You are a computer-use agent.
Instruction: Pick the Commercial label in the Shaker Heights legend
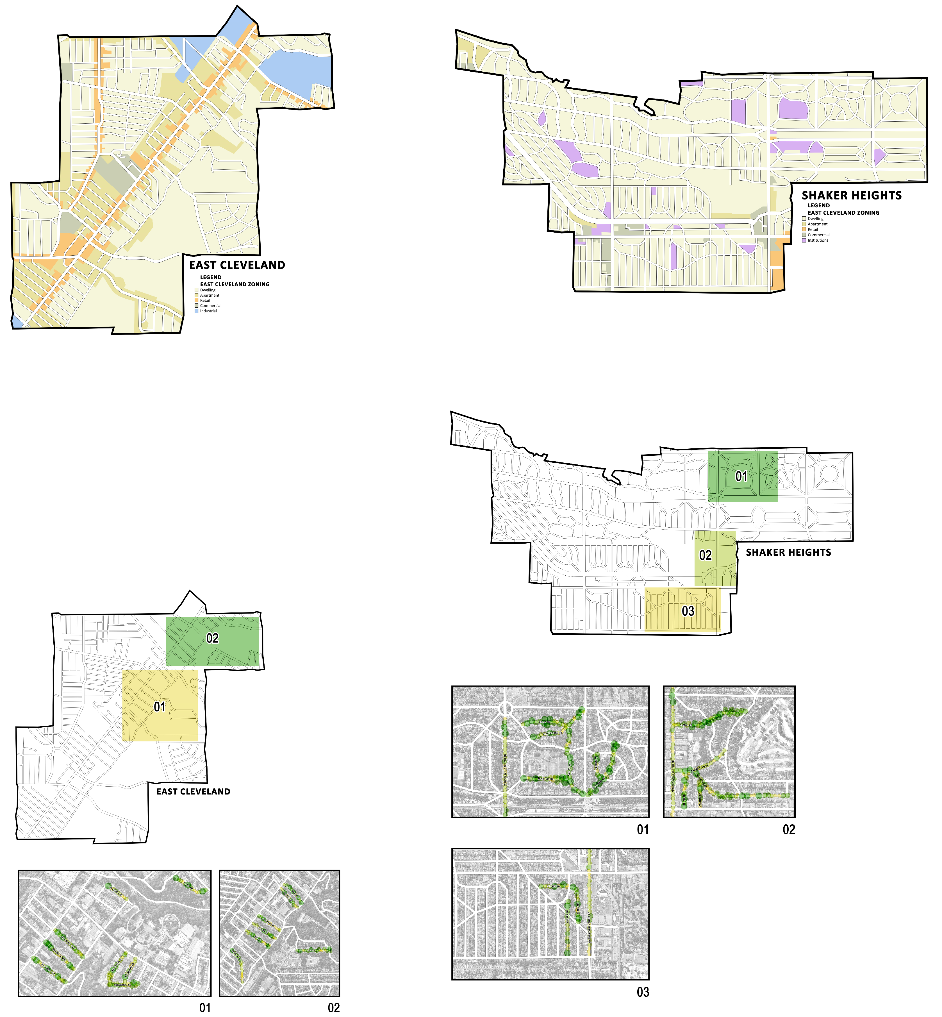coord(819,235)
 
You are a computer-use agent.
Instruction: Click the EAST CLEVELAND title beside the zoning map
coord(237,265)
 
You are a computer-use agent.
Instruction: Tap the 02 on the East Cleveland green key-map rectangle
coord(212,638)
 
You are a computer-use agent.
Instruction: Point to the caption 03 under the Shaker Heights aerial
coord(643,992)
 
